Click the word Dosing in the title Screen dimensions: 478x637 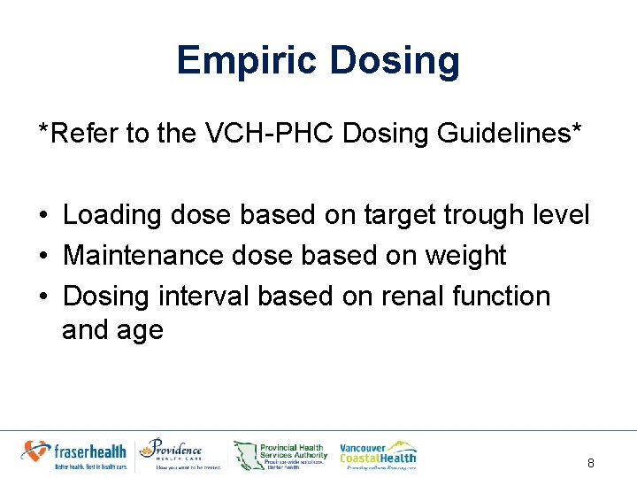(x=394, y=61)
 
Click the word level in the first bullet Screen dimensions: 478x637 (x=562, y=215)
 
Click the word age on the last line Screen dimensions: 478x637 (x=142, y=331)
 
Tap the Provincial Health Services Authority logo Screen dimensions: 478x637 (x=280, y=454)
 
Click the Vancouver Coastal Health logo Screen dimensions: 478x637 (x=378, y=453)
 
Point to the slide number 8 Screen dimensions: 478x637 (x=591, y=463)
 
